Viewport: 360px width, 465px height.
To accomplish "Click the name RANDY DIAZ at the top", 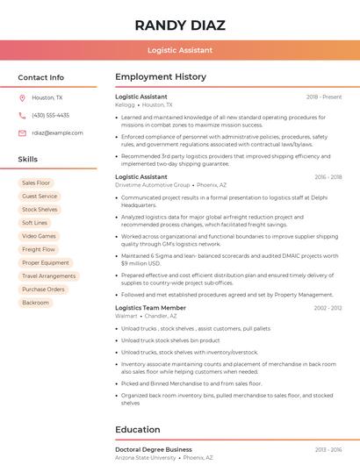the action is tap(180, 25).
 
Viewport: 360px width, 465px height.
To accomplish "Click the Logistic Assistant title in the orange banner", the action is tap(180, 50).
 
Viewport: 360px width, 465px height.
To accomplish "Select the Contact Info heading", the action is tap(41, 77).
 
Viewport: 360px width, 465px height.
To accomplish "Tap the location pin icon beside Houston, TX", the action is tap(22, 98).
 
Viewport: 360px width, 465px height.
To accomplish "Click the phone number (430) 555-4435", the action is tap(50, 115).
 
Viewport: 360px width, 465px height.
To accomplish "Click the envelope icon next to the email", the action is tap(22, 132).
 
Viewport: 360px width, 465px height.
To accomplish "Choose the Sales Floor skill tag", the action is tap(37, 182).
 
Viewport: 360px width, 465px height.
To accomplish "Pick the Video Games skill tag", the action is tap(39, 236).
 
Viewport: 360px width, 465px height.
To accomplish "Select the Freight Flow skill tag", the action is tap(39, 249).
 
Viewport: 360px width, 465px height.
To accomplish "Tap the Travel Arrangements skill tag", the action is tap(48, 275).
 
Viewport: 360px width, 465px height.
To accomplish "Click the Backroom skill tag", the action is tap(36, 303).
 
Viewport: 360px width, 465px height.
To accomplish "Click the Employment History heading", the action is tap(161, 77).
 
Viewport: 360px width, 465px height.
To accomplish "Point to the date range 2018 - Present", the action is tap(324, 97).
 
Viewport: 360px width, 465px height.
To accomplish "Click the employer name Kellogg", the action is tap(125, 104).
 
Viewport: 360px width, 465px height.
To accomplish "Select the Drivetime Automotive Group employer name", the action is tap(152, 185).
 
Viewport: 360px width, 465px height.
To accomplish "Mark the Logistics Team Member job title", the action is tap(150, 308).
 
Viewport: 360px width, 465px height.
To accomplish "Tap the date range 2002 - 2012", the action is tap(328, 308).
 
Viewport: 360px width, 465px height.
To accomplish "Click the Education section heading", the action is tap(137, 430).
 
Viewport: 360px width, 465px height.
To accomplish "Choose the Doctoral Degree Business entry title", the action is tap(154, 449).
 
